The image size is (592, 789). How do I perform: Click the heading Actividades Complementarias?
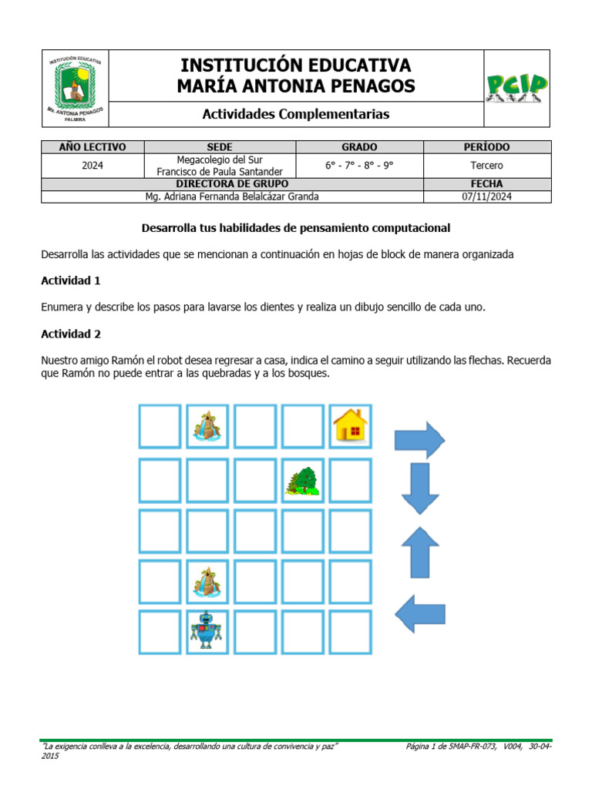click(x=295, y=114)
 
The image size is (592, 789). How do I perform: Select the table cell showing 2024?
click(x=92, y=166)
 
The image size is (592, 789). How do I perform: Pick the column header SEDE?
click(x=220, y=147)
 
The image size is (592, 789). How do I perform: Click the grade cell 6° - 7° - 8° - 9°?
click(x=359, y=166)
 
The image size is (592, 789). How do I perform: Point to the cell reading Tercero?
click(x=486, y=166)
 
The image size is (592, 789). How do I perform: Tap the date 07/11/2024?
click(x=486, y=196)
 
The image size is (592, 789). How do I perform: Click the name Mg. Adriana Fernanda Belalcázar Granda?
click(x=232, y=196)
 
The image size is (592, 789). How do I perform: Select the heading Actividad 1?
click(x=71, y=280)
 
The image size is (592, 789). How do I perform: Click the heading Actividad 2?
click(x=71, y=334)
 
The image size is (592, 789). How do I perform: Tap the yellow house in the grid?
click(x=350, y=425)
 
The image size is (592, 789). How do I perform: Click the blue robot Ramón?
click(x=207, y=630)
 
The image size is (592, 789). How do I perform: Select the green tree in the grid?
click(x=302, y=480)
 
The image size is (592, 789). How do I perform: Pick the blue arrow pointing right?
click(x=419, y=441)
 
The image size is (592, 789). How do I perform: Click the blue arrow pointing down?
click(x=419, y=489)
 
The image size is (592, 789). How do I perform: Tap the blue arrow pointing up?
click(x=419, y=552)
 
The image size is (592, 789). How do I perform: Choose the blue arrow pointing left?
click(x=419, y=614)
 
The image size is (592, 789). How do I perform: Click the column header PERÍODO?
click(x=486, y=147)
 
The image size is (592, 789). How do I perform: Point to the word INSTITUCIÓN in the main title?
click(x=236, y=65)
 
